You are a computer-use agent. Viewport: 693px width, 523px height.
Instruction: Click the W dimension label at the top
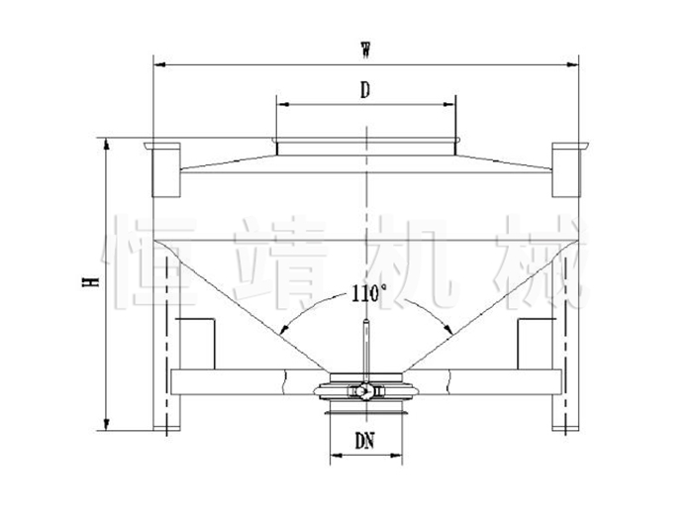click(365, 50)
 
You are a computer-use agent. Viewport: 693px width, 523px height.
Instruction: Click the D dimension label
click(365, 90)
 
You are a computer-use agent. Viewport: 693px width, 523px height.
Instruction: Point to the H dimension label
click(90, 281)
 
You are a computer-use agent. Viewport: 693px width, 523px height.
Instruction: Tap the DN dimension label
click(365, 441)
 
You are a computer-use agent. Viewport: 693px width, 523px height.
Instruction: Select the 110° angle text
click(369, 293)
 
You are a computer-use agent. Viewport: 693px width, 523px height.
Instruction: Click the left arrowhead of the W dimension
click(158, 65)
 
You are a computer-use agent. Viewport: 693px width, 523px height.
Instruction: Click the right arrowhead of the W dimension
click(573, 65)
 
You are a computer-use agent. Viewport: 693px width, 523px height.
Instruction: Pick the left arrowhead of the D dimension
click(282, 104)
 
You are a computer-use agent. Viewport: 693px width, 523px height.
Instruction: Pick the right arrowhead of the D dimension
click(449, 104)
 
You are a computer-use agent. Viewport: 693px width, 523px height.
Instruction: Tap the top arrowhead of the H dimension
click(106, 144)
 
